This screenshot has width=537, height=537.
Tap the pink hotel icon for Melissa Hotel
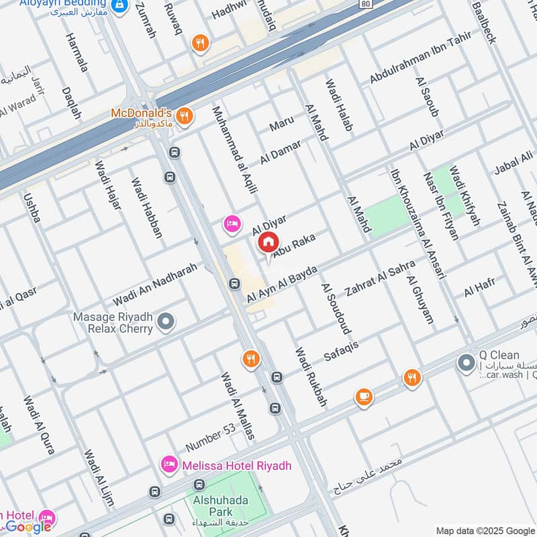click(x=168, y=465)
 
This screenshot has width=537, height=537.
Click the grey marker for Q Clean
click(x=465, y=363)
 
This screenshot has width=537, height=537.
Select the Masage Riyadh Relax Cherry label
click(x=114, y=322)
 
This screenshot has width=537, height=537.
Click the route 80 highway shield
click(x=364, y=4)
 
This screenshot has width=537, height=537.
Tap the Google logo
click(x=28, y=527)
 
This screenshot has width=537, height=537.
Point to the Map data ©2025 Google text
click(x=485, y=530)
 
